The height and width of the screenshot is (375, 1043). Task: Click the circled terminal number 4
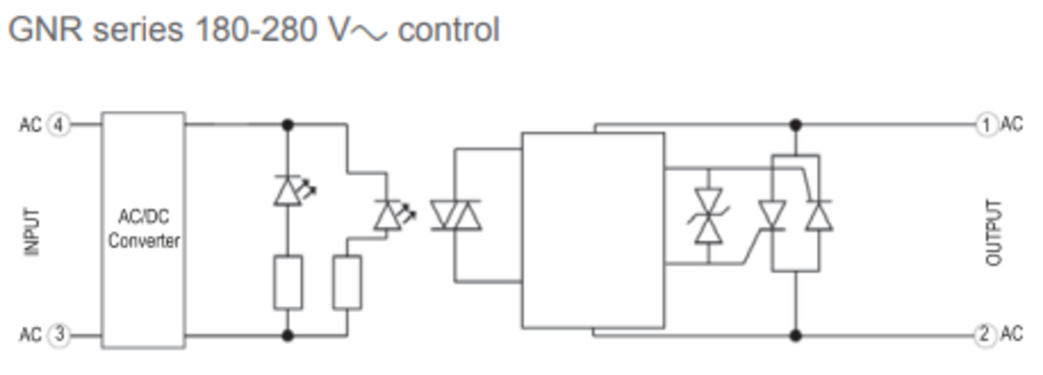[x=58, y=125]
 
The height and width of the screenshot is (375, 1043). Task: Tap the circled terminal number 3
[x=59, y=335]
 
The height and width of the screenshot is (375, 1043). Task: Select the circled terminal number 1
[x=986, y=125]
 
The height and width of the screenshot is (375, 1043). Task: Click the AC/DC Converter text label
[x=143, y=229]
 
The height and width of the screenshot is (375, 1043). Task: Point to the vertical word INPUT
[x=32, y=232]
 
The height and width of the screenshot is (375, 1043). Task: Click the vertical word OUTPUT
[x=994, y=233]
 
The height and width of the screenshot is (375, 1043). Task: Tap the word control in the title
[x=449, y=30]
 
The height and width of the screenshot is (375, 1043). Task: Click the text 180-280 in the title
[x=256, y=30]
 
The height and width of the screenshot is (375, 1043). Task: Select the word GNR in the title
[x=46, y=30]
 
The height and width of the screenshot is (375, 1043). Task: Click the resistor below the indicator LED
[x=288, y=282]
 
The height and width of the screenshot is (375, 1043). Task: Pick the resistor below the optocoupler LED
[x=347, y=282]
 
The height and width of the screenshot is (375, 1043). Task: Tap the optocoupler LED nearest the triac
[x=394, y=215]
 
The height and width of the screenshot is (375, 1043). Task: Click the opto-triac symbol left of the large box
[x=456, y=215]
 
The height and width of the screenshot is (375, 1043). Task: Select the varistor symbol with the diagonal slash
[x=709, y=216]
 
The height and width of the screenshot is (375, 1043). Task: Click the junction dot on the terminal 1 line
[x=795, y=125]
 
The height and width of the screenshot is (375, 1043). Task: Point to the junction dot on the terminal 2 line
[x=795, y=335]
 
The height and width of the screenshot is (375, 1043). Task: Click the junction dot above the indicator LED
[x=288, y=125]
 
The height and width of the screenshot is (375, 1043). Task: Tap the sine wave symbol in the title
[x=369, y=33]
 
